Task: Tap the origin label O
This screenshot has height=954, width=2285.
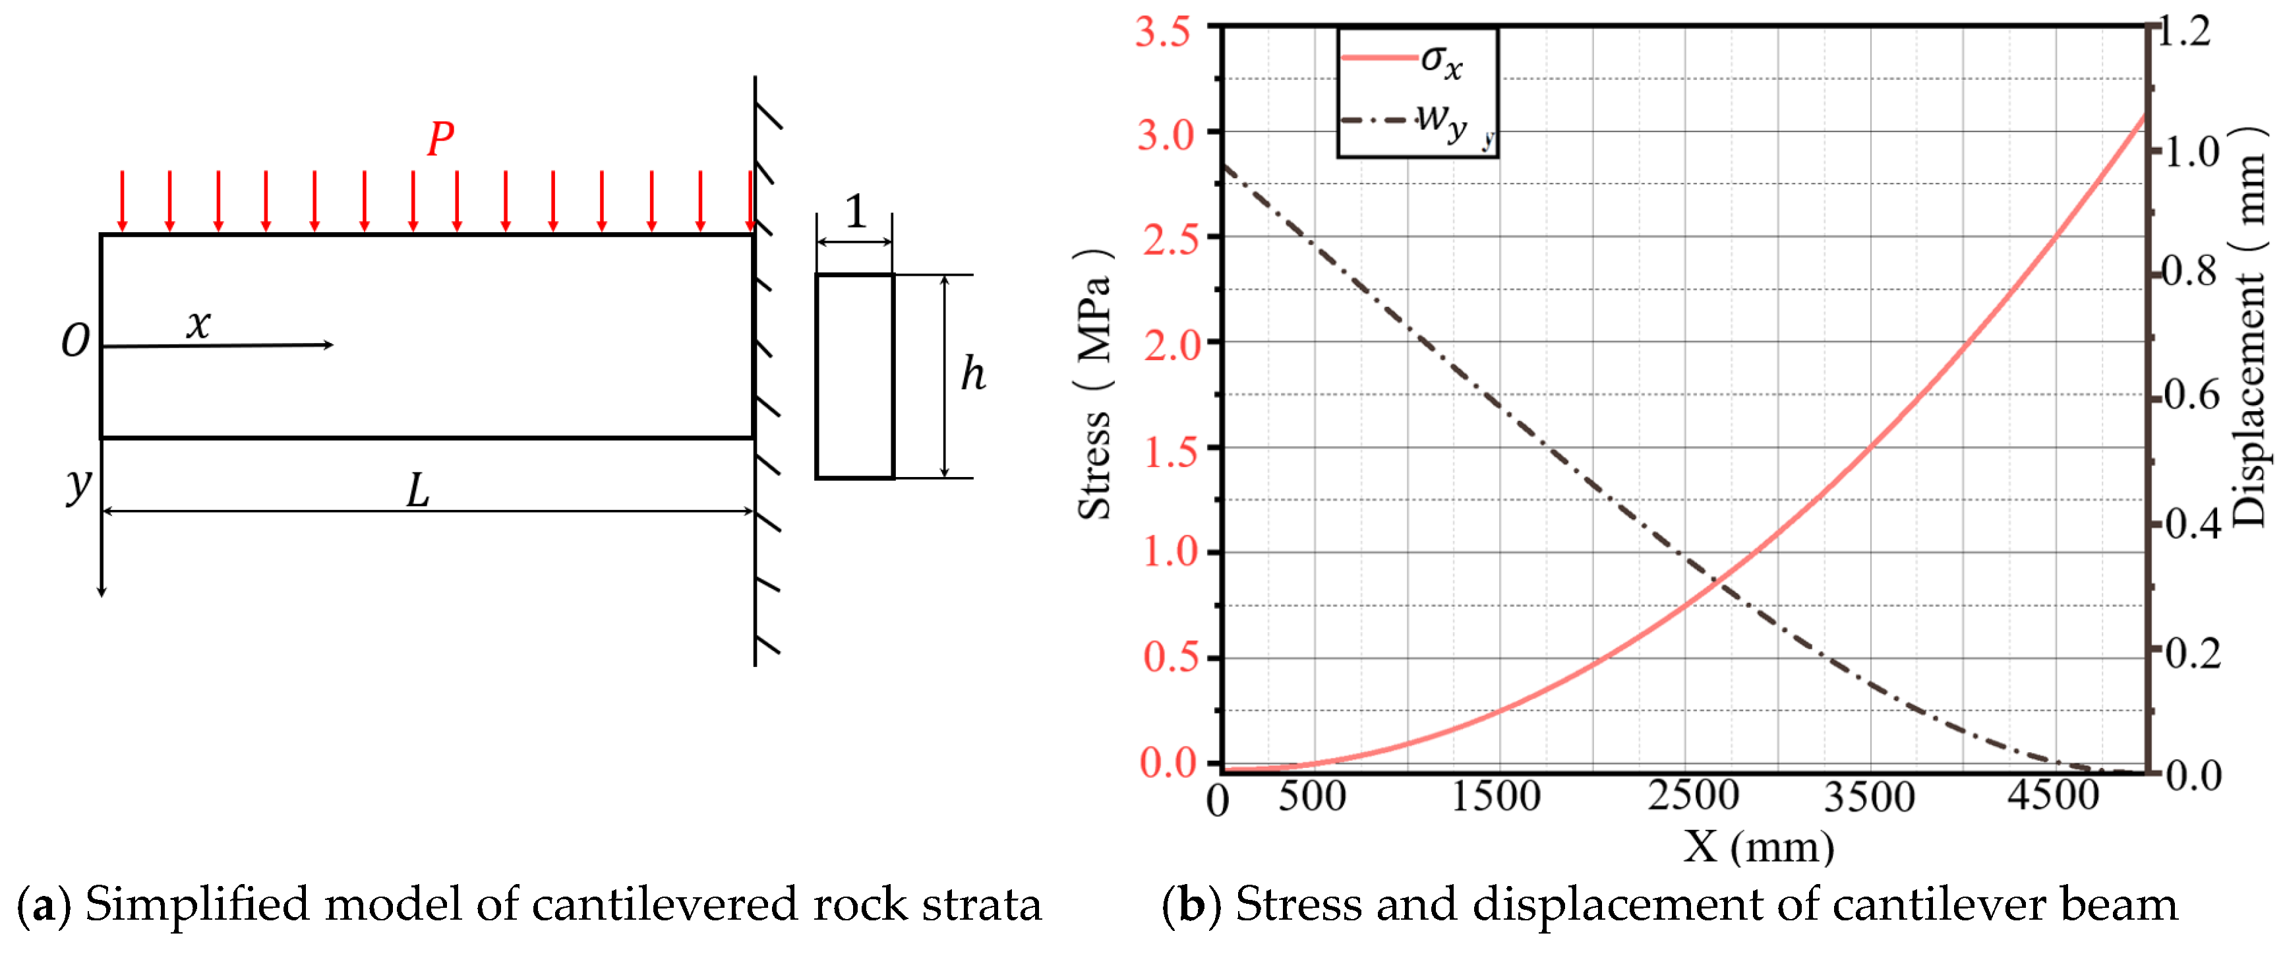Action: coord(75,342)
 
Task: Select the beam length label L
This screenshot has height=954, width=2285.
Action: coord(418,491)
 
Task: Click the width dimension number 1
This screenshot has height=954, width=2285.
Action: coord(855,212)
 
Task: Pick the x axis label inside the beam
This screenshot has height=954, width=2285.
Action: coord(198,324)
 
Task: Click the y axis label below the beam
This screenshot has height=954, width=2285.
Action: coord(79,484)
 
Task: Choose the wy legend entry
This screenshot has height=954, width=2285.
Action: coord(1440,121)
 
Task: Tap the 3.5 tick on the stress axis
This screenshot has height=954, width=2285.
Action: coord(1164,33)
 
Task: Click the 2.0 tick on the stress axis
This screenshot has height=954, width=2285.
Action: coord(1171,344)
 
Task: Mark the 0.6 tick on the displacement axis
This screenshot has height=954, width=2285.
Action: coord(2191,395)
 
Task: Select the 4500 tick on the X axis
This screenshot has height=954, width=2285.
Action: coord(2054,795)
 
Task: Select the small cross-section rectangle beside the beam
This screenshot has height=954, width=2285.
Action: coord(854,376)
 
